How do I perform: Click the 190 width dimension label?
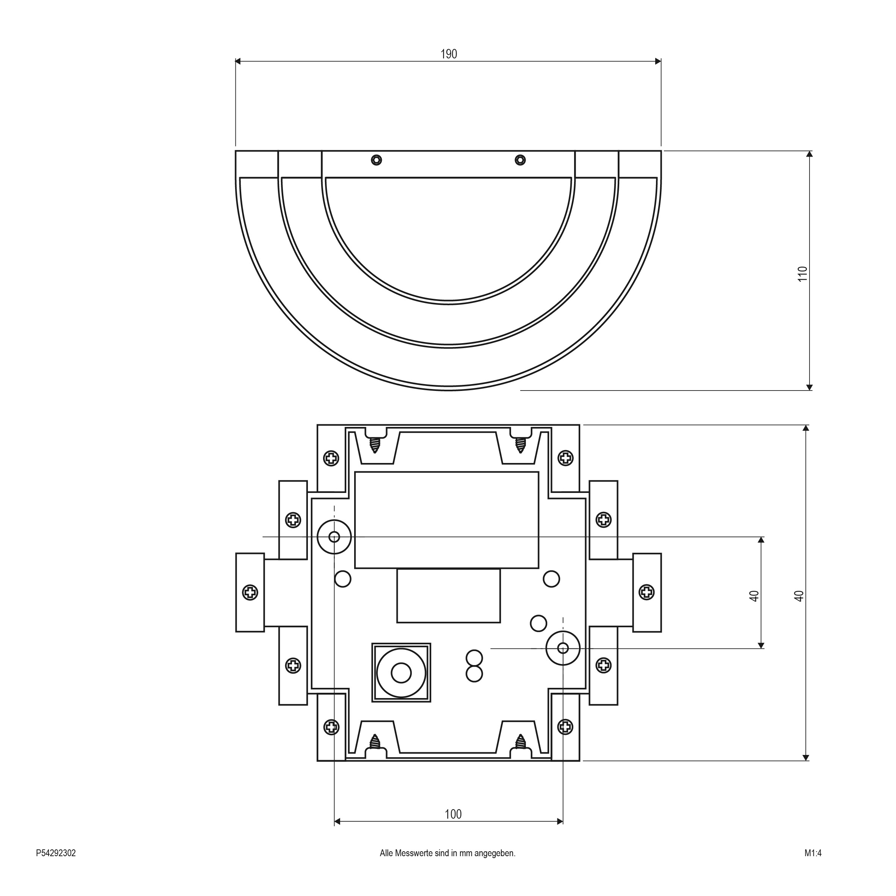pyautogui.click(x=449, y=54)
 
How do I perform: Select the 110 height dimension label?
pyautogui.click(x=802, y=274)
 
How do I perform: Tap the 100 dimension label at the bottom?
pyautogui.click(x=453, y=814)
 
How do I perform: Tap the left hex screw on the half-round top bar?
pyautogui.click(x=377, y=160)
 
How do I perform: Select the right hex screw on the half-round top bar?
pyautogui.click(x=520, y=160)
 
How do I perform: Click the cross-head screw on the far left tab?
pyautogui.click(x=250, y=592)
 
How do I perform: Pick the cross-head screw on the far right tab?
pyautogui.click(x=647, y=592)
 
